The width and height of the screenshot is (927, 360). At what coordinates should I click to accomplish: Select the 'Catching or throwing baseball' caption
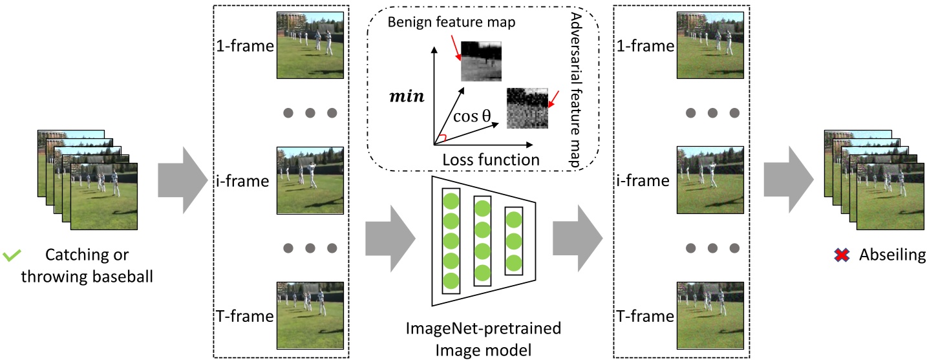tap(87, 266)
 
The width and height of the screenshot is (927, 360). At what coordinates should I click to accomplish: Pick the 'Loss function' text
tap(491, 159)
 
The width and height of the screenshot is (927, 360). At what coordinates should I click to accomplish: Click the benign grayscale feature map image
tap(481, 59)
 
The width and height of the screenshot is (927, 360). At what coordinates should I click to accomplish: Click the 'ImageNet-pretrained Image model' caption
tap(483, 340)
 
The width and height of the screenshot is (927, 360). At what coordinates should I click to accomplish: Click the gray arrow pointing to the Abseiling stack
tap(787, 179)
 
